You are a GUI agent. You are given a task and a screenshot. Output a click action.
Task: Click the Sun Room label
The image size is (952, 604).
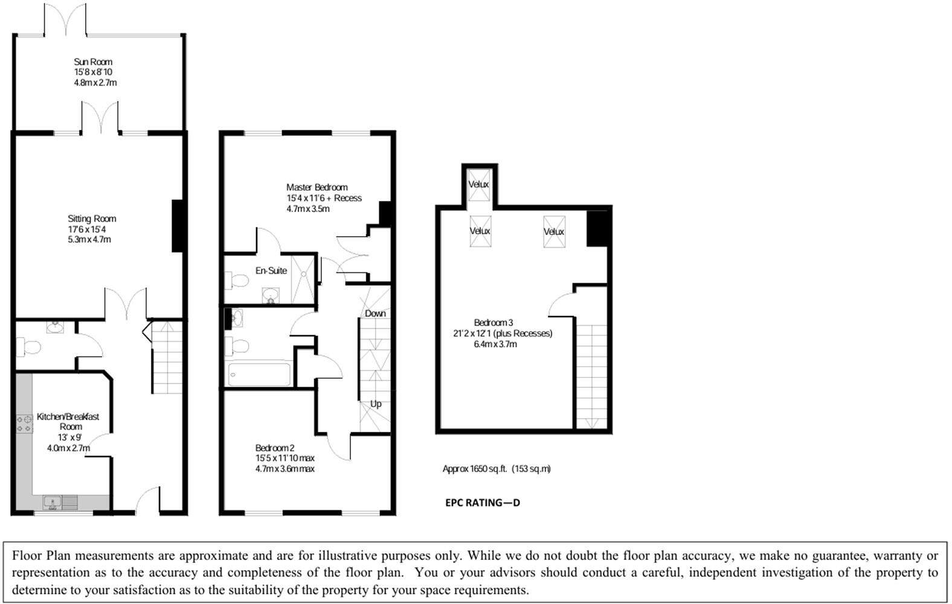(93, 62)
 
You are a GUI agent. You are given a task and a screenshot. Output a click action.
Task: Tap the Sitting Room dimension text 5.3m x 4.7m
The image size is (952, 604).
(89, 240)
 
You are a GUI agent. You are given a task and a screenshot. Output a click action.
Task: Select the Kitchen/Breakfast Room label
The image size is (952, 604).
(68, 422)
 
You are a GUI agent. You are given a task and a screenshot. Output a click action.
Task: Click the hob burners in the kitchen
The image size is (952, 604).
(24, 423)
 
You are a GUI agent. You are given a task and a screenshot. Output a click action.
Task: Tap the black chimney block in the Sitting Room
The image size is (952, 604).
(178, 225)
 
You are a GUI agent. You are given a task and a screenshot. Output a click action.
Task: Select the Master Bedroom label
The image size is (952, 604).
(317, 187)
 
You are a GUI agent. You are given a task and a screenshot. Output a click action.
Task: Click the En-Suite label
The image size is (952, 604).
(271, 271)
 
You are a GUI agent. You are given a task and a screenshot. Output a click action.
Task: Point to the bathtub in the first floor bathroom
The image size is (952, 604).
(260, 374)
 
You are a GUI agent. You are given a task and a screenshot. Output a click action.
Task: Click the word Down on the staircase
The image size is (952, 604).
(375, 313)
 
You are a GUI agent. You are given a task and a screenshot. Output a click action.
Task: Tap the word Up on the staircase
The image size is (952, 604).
(376, 404)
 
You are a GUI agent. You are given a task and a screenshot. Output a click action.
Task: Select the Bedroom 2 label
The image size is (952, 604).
(275, 448)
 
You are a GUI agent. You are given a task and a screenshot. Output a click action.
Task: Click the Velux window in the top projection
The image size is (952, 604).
(479, 184)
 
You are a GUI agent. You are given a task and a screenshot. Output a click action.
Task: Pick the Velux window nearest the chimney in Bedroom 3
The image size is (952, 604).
(554, 231)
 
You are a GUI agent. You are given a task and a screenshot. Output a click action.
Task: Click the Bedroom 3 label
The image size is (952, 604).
(494, 323)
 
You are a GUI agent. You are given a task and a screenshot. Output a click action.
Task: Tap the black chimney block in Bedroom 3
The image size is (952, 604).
(597, 228)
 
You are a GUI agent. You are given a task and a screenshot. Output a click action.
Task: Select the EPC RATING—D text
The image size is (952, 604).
(483, 503)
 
